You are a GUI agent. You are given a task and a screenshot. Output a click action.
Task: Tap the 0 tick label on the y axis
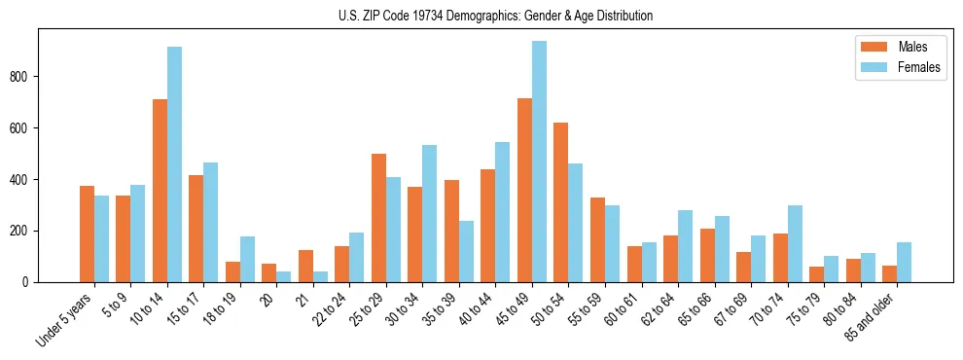tap(28, 282)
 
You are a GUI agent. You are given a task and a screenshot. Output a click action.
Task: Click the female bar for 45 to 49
tap(539, 162)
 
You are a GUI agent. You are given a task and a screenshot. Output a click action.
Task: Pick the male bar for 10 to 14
tap(160, 191)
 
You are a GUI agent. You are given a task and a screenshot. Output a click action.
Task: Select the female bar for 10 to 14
tap(174, 164)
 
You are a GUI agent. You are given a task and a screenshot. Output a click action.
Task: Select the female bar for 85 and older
tap(904, 263)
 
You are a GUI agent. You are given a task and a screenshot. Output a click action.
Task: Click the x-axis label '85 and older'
tap(874, 315)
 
